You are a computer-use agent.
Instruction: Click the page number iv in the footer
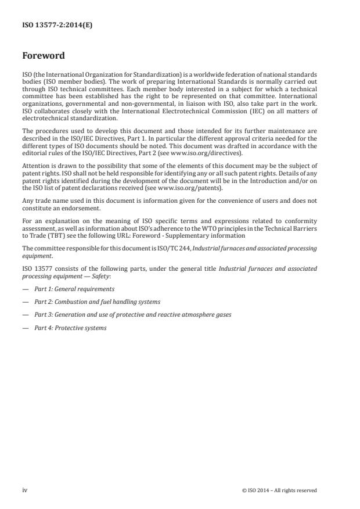25,490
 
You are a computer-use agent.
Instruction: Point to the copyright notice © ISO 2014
279,490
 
